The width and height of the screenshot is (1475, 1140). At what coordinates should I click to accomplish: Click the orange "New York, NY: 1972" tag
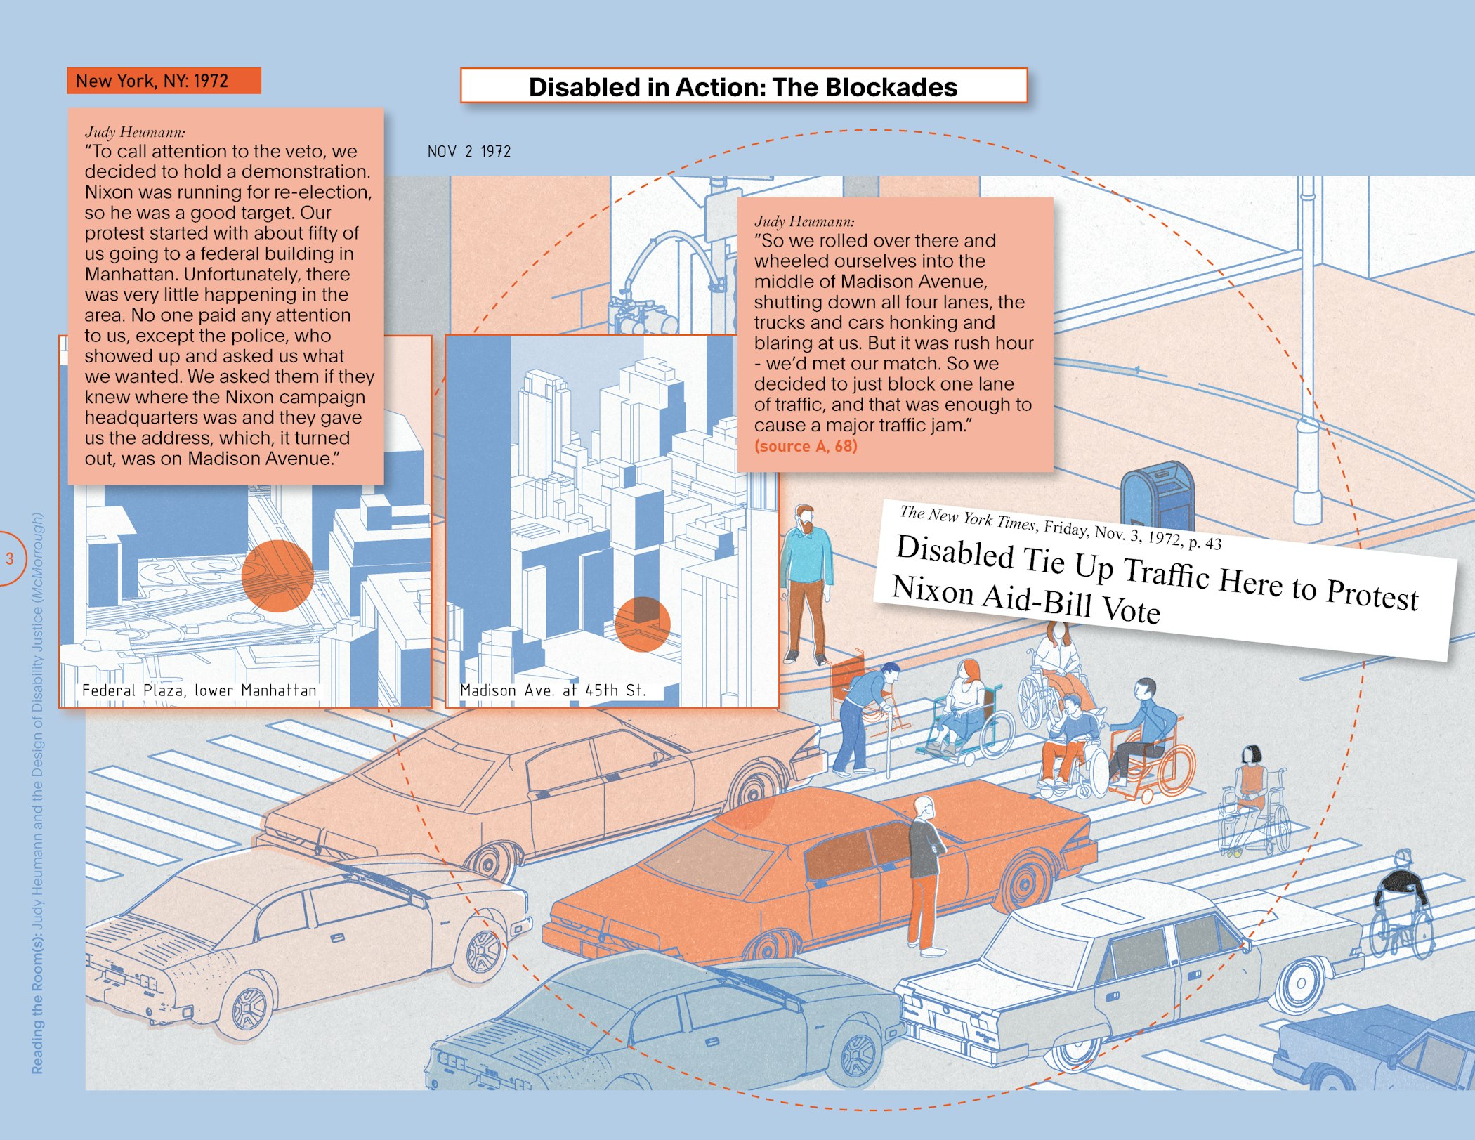[x=163, y=81]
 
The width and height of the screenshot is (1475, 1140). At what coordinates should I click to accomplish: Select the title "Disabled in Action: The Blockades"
[x=742, y=87]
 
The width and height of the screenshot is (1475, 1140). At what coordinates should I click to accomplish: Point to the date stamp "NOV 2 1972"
[x=469, y=152]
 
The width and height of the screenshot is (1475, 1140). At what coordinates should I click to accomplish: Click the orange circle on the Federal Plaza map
[x=277, y=576]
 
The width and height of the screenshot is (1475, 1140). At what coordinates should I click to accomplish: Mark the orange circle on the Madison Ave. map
[x=642, y=624]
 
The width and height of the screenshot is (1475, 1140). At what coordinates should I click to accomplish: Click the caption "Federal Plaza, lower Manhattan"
[x=199, y=690]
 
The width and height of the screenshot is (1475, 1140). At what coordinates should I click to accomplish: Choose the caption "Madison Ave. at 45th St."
[x=553, y=690]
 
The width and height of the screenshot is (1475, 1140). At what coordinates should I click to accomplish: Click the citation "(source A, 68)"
[x=806, y=446]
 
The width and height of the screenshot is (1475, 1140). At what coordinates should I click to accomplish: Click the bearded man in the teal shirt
[x=806, y=583]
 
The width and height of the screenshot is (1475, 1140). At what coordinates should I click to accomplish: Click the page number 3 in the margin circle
[x=10, y=559]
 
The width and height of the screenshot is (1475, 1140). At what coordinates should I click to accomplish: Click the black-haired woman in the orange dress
[x=1250, y=787]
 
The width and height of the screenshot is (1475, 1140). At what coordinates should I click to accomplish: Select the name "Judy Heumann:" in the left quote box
[x=135, y=132]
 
